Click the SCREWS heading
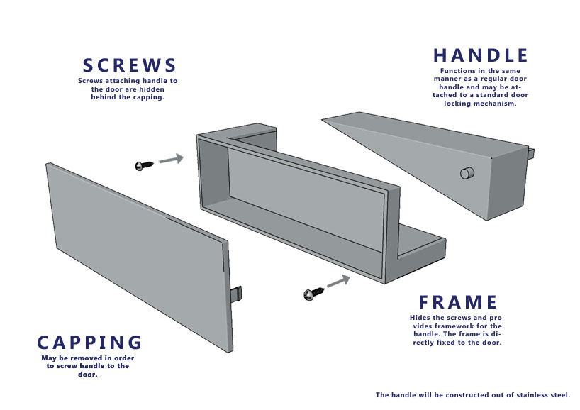point(129,65)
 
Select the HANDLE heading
point(481,55)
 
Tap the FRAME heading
point(458,302)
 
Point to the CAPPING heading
point(89,343)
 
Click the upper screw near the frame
point(144,165)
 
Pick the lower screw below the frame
point(313,293)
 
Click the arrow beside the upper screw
point(172,159)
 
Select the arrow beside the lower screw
point(338,281)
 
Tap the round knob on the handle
point(467,173)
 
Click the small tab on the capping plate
point(236,294)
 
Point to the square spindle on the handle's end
point(531,152)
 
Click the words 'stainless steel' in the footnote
point(543,395)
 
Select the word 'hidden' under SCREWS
point(152,89)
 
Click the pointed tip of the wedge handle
point(323,119)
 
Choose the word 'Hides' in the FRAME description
point(420,318)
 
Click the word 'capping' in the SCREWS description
point(150,98)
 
